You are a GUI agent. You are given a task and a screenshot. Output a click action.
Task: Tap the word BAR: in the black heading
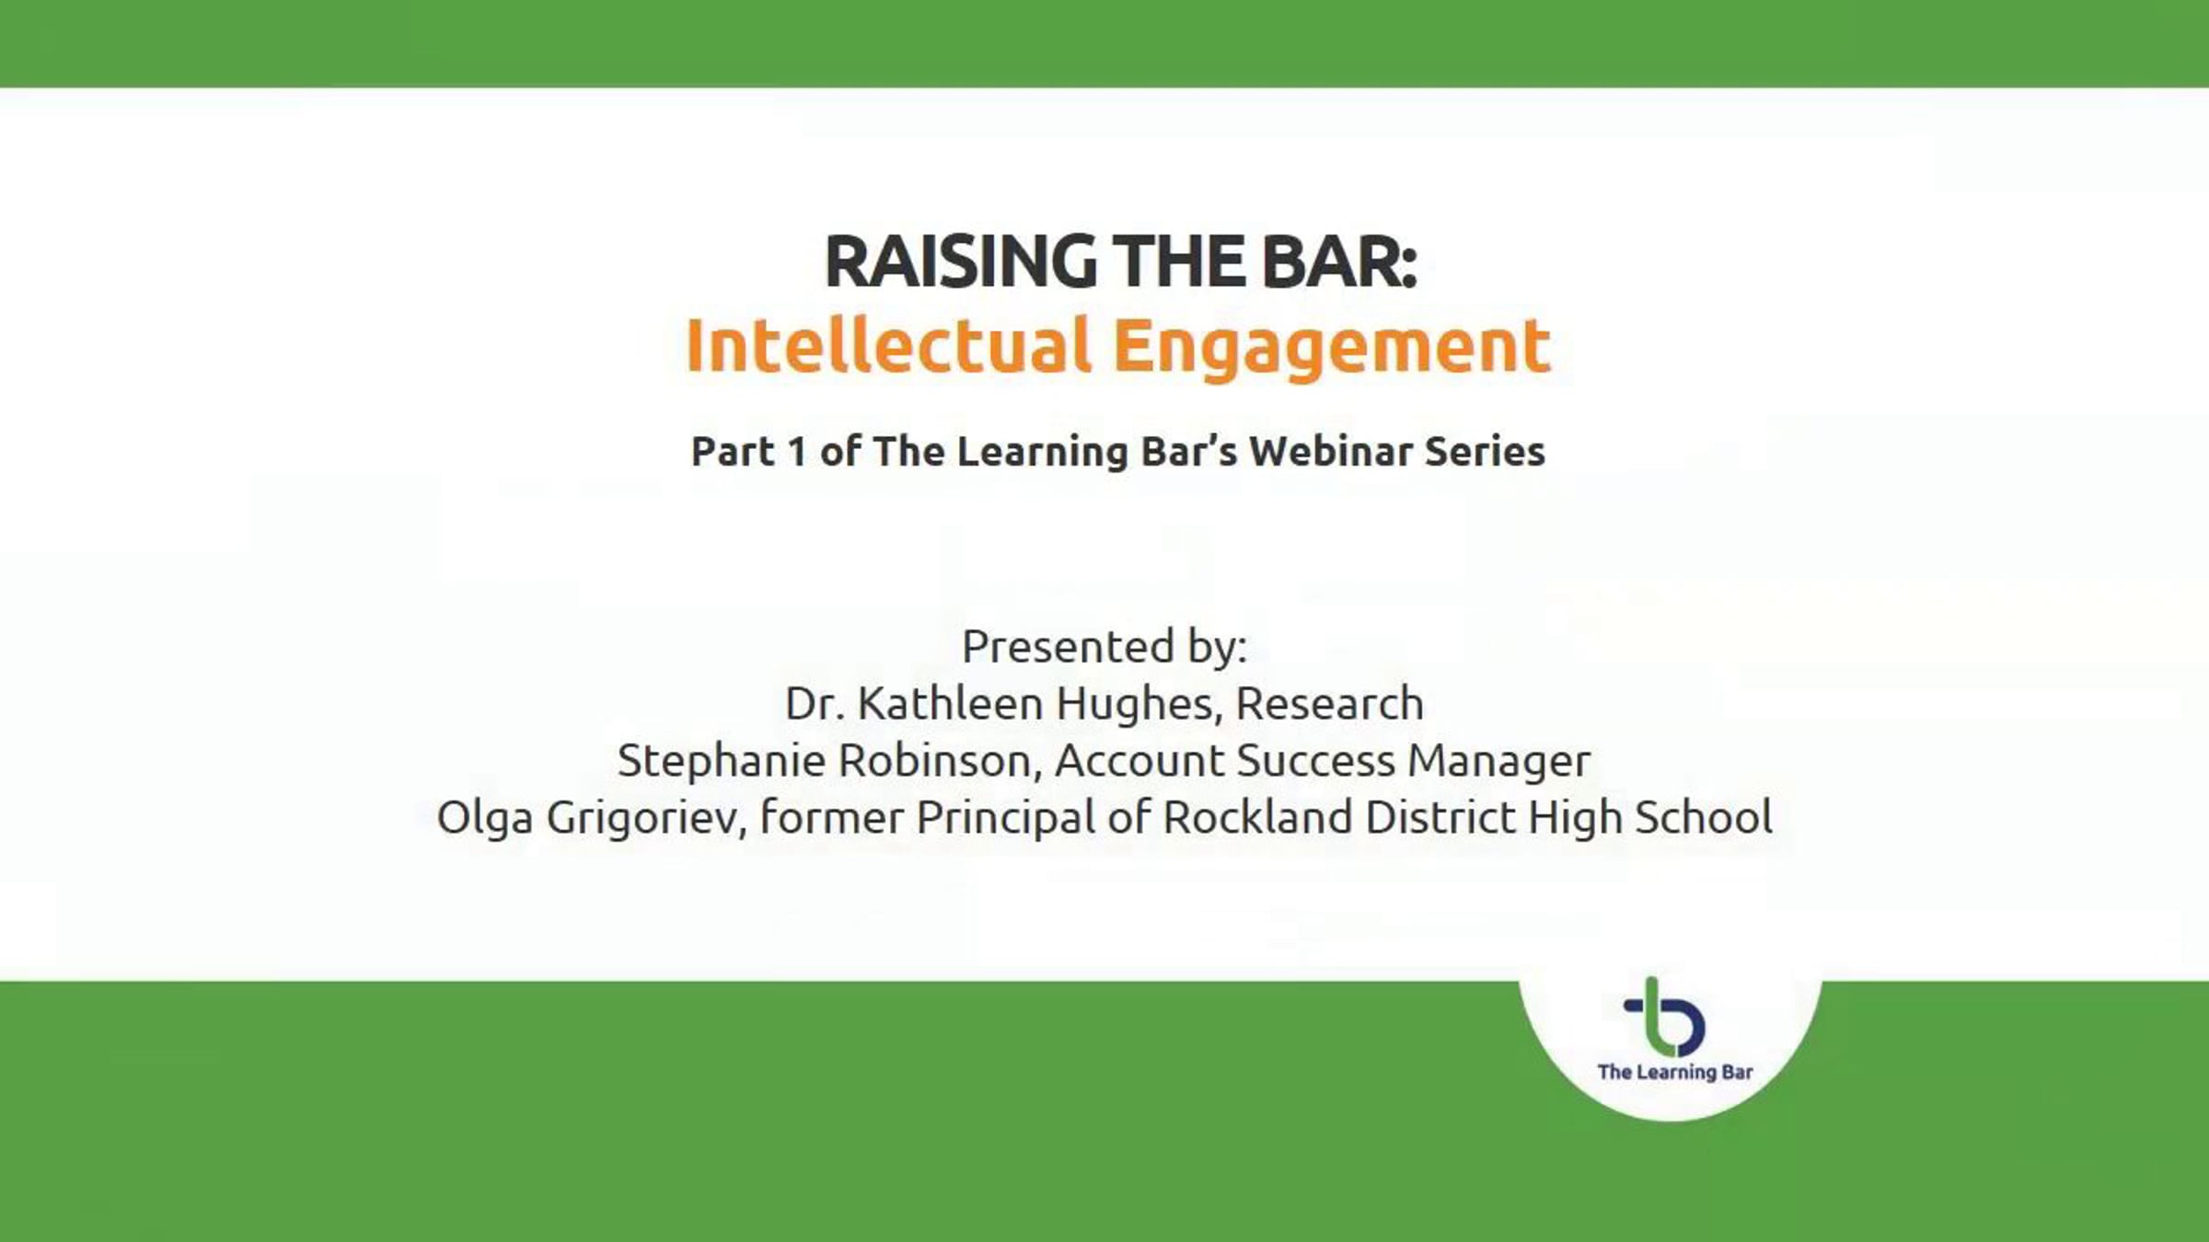click(1339, 261)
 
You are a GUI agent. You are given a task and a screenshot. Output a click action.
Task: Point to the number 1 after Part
click(797, 452)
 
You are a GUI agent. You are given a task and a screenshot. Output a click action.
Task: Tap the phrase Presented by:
click(1104, 647)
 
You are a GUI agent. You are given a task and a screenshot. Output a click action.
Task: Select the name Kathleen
click(950, 704)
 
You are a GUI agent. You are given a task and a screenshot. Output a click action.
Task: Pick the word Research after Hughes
click(1329, 704)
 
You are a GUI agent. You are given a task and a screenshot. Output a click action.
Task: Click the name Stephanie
click(722, 762)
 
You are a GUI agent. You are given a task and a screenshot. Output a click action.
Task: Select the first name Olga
click(484, 819)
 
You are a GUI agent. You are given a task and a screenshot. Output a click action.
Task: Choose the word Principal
click(1005, 819)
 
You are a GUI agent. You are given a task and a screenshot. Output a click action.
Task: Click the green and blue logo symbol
click(1664, 1017)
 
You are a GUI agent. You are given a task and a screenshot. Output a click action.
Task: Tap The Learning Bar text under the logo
click(1675, 1072)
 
